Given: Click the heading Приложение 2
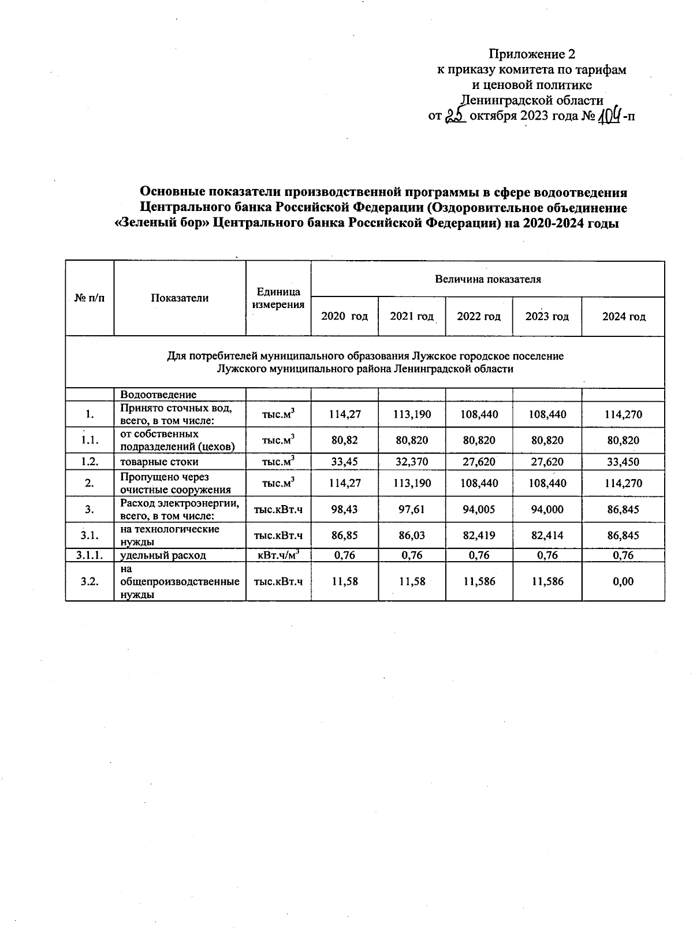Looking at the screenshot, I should click(x=532, y=54).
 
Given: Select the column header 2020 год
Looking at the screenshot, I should click(x=344, y=316).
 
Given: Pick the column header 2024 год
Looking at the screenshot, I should click(x=623, y=316).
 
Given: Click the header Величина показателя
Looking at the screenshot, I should click(x=487, y=279).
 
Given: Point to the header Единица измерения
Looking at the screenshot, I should click(x=278, y=298).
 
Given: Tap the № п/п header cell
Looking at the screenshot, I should click(x=90, y=298).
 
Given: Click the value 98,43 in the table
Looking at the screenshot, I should click(x=344, y=509).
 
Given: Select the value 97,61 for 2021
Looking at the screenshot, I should click(x=412, y=509).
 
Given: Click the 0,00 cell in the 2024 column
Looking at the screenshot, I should click(x=623, y=581).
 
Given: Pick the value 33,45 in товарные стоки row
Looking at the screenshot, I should click(x=344, y=462).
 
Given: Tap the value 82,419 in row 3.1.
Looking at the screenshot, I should click(x=479, y=536).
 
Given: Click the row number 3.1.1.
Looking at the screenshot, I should click(x=90, y=555).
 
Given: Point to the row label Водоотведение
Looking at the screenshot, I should click(x=158, y=395).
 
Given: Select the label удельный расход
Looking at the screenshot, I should click(x=163, y=555).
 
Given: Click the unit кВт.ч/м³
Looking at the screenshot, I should click(x=278, y=555).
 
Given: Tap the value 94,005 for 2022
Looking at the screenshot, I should click(x=479, y=509).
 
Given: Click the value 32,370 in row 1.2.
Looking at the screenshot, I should click(x=412, y=462).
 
